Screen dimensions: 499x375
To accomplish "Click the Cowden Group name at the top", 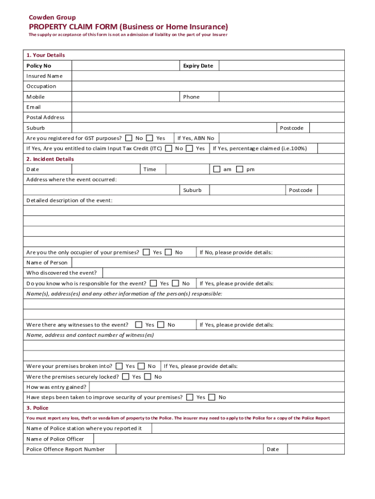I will (52, 18).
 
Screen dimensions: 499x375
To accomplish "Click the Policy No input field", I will (125, 66).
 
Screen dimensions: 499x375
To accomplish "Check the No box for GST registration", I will (129, 138).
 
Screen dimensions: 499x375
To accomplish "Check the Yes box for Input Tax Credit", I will (189, 148).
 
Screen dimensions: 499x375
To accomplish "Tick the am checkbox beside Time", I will (217, 169).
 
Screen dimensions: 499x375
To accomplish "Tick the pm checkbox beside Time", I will (240, 169).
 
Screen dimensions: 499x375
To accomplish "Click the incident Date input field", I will (106, 169).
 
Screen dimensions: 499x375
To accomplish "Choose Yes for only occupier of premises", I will (146, 252).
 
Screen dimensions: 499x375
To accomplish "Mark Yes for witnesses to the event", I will (139, 325).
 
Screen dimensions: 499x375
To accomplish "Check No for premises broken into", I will (141, 366).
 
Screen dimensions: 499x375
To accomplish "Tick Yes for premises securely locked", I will (126, 377).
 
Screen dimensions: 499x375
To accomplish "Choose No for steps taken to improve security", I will (212, 397).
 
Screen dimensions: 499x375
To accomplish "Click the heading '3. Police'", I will (37, 408).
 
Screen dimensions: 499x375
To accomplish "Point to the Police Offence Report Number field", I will (189, 449).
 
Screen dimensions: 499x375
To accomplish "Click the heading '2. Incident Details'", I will (50, 159).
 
